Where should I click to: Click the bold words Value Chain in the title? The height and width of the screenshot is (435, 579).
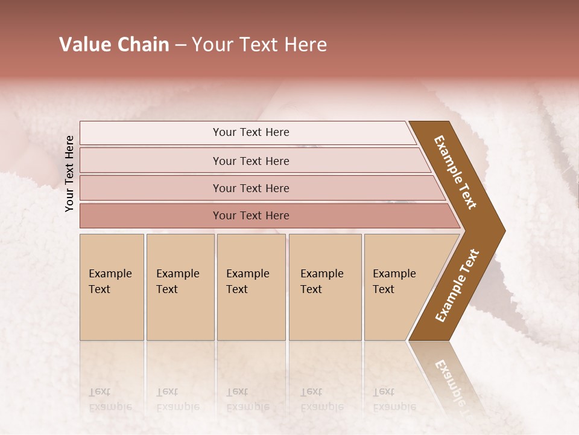[114, 45]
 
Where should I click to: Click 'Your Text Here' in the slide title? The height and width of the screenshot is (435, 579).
[259, 45]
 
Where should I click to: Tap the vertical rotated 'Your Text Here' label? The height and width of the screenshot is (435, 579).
[70, 174]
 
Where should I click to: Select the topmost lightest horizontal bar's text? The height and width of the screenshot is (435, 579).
[251, 132]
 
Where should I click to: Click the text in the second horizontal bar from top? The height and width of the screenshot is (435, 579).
[251, 161]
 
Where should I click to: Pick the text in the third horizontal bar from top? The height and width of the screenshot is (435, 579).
[251, 188]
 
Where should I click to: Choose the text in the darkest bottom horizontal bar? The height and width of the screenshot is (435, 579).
[251, 216]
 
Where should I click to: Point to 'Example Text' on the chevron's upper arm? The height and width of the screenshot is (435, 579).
[455, 172]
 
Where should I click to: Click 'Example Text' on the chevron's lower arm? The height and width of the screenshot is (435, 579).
[457, 286]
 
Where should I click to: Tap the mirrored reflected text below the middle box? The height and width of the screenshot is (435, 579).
[247, 399]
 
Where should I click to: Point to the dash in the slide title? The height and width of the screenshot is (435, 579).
[180, 45]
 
